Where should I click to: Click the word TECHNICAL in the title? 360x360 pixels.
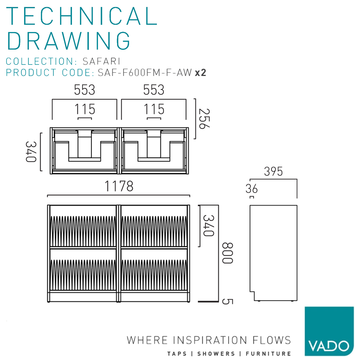(82, 16)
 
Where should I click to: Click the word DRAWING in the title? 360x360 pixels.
(69, 41)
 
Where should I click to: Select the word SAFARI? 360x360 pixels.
(101, 61)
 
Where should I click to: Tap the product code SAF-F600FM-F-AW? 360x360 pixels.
(145, 73)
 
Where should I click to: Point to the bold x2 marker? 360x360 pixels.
(201, 73)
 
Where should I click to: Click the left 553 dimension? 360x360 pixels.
(85, 90)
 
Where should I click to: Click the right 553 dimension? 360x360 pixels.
(154, 90)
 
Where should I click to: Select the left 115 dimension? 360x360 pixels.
(85, 109)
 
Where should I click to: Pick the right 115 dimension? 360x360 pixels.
(154, 109)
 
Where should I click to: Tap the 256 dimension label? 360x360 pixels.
(204, 119)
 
